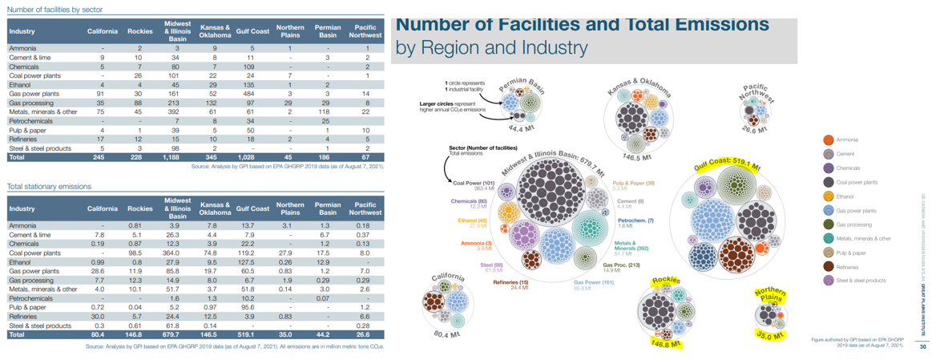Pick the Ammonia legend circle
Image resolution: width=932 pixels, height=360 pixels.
[x=829, y=140]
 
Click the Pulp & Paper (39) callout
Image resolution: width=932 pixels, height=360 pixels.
[x=633, y=182]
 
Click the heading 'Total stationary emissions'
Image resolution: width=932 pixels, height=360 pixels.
[x=50, y=186]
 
